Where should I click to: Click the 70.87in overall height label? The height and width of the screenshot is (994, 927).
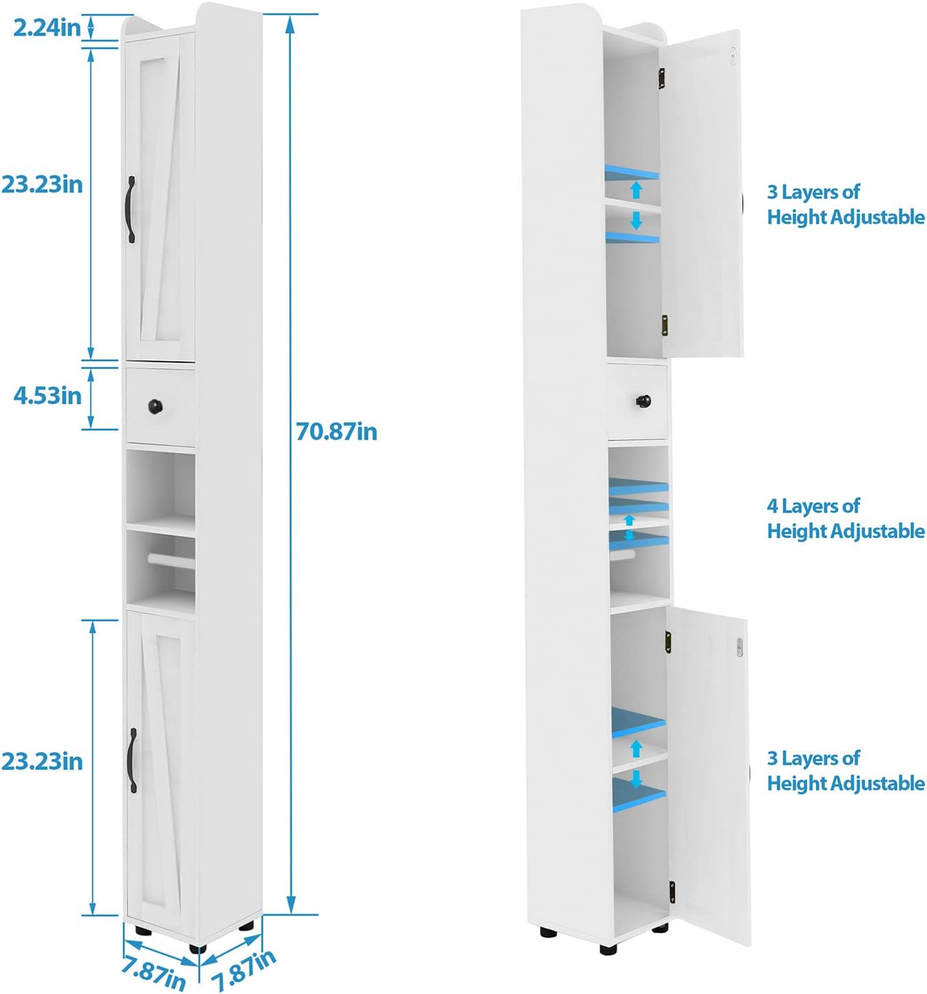(337, 431)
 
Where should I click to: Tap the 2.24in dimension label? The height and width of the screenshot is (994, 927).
(47, 28)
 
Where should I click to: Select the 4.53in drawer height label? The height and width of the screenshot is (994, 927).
(48, 395)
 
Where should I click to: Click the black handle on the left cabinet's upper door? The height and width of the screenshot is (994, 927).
(131, 209)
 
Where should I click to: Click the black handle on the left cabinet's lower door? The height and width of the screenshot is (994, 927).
(132, 760)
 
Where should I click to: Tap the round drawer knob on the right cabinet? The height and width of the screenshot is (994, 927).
(643, 400)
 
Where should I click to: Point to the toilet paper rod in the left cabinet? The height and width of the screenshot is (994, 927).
(170, 558)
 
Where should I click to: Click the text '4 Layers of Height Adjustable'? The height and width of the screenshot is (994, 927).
(845, 518)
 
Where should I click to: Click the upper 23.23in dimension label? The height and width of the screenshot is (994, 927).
(42, 184)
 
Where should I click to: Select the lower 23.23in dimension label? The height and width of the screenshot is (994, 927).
(42, 761)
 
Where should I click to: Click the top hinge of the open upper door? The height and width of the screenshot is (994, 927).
(661, 77)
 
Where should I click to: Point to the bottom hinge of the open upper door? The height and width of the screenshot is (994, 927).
(665, 326)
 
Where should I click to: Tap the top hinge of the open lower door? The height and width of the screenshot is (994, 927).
(668, 642)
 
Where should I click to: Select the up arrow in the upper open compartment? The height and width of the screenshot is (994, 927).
(636, 189)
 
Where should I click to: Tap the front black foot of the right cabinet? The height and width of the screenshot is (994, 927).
(608, 949)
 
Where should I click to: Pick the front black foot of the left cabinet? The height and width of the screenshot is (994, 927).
(197, 948)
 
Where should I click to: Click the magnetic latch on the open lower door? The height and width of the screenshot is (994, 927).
(739, 647)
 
